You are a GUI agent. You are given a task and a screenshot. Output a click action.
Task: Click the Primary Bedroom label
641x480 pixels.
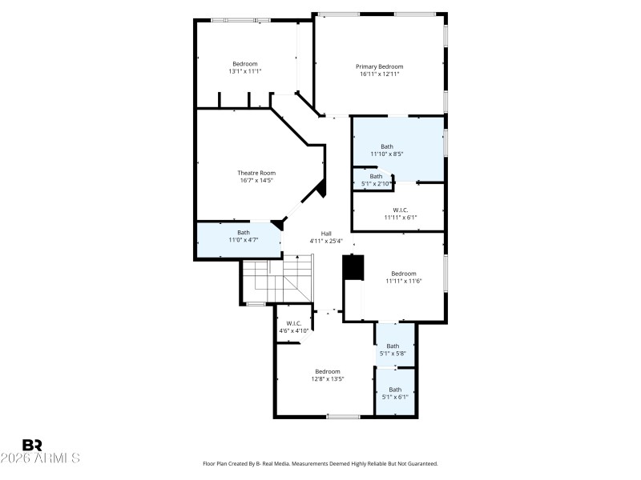point(379,66)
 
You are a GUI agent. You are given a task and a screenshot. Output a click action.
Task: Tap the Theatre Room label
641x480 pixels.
point(256,173)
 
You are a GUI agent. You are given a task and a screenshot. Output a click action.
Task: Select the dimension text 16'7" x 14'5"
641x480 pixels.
point(256,181)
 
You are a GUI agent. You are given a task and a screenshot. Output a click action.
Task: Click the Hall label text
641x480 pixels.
point(326,234)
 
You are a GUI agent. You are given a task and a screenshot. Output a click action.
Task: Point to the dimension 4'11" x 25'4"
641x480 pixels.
point(326,241)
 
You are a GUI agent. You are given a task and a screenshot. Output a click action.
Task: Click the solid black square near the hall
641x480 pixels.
point(353,267)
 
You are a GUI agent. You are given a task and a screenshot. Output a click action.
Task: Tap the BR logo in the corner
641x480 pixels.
point(32,445)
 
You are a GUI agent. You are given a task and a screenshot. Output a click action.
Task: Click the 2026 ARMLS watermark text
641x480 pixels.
point(40,458)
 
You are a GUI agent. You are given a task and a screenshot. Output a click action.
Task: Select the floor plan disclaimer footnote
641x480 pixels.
point(320,463)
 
